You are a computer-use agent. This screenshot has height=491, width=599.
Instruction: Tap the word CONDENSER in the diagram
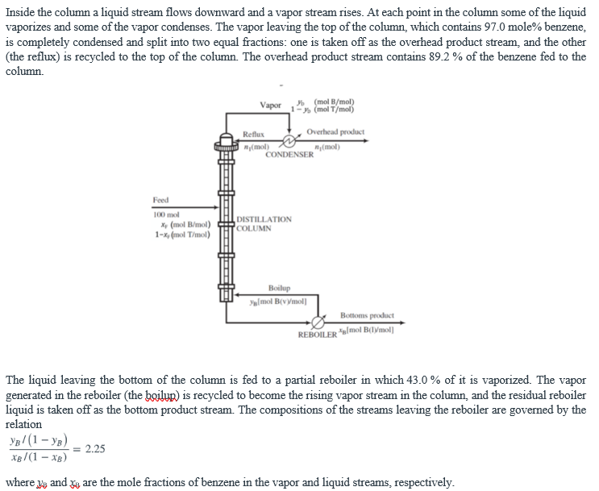point(289,154)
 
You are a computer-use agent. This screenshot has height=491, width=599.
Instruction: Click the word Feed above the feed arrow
point(160,200)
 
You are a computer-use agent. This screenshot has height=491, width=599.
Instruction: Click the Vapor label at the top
point(271,106)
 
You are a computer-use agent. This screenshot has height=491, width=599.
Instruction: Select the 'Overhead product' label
point(335,131)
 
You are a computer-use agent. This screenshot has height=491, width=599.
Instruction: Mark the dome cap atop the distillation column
point(224,136)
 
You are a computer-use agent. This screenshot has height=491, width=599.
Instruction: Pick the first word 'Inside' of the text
point(21,12)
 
